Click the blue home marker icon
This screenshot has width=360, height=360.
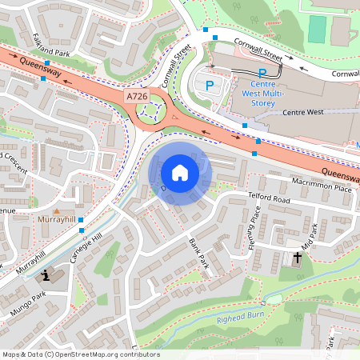coord(180,172)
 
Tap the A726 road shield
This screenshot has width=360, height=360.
coord(137,96)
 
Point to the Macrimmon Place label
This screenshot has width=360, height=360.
coord(322,186)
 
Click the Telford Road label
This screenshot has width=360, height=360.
coord(268,197)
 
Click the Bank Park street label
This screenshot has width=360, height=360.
coord(198,251)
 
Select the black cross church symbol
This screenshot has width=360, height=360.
coord(298,258)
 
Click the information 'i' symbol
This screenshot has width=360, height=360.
coord(46,276)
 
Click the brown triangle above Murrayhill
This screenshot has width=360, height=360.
coord(56,209)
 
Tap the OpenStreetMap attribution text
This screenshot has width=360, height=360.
coord(80,354)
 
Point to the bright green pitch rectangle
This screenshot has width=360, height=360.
coord(318,30)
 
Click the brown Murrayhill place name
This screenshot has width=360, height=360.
coord(55,219)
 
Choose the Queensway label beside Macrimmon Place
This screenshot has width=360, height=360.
coord(341,172)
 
